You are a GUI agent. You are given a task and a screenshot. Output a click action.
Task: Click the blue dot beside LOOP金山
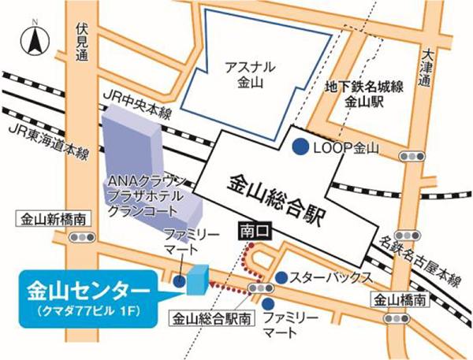(x=300, y=147)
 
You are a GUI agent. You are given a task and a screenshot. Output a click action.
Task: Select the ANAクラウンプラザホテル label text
(x=147, y=187)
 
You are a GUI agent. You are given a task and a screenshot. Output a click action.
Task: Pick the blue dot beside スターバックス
(x=281, y=276)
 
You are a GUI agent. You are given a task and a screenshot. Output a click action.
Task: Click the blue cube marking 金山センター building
(x=197, y=277)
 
